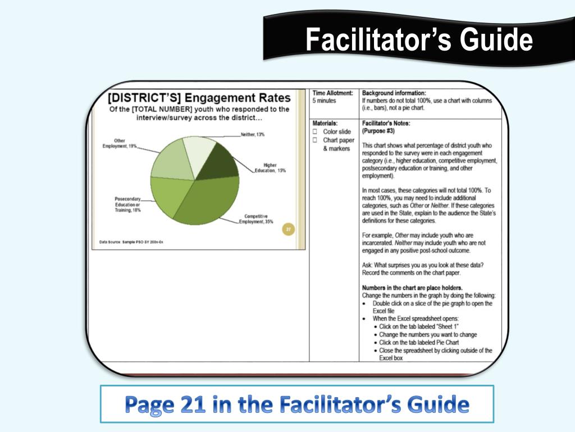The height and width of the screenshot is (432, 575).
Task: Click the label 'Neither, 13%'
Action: (252, 134)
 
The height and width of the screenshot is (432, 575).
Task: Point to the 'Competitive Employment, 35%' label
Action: (256, 219)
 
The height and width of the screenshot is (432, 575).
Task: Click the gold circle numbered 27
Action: (288, 229)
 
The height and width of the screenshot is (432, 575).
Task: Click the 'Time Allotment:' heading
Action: (333, 93)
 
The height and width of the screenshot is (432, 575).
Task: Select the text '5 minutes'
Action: (325, 101)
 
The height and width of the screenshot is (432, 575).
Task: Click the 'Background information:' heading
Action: (394, 93)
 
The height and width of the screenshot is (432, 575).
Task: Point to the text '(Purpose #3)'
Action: (378, 131)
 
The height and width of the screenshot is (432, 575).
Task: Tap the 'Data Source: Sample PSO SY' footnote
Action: (127, 242)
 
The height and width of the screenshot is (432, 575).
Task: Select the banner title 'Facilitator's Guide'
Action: (419, 40)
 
